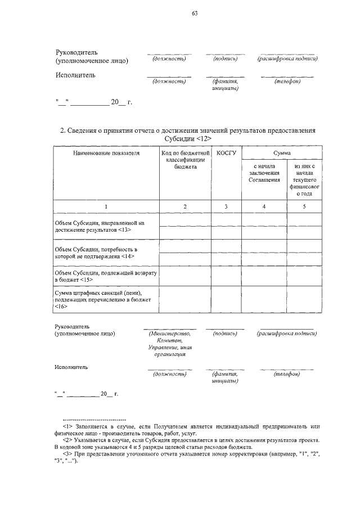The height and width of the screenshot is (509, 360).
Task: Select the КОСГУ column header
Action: click(226, 152)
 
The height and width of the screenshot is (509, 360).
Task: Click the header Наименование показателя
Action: click(106, 152)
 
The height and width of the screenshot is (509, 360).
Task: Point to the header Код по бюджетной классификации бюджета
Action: click(185, 160)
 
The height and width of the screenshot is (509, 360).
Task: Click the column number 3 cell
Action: click(226, 206)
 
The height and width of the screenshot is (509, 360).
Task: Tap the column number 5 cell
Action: click(304, 206)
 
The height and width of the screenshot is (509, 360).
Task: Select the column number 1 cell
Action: click(106, 206)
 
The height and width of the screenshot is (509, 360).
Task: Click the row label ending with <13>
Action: click(100, 227)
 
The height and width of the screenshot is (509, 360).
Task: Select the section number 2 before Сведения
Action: click(62, 130)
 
